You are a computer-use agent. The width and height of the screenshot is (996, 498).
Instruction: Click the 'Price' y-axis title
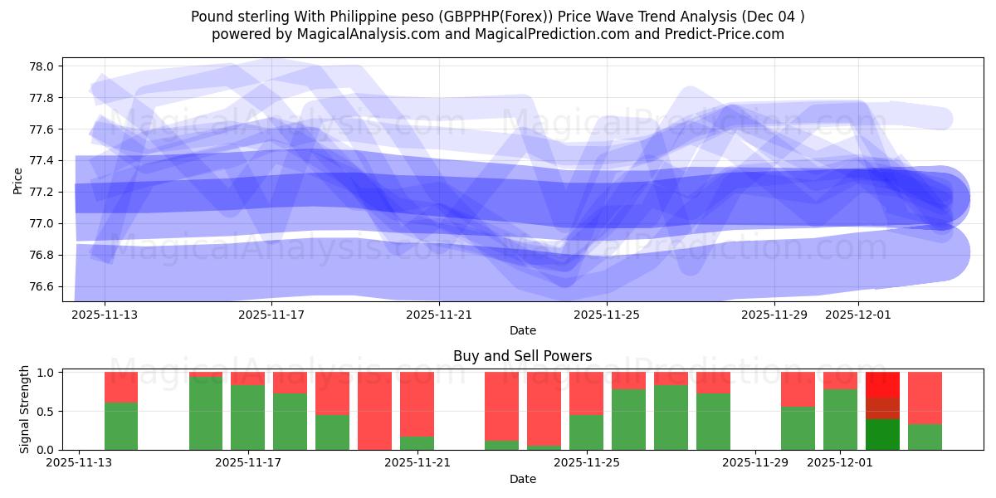tap(17, 179)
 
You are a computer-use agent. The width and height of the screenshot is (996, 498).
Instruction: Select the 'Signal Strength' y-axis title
tap(25, 409)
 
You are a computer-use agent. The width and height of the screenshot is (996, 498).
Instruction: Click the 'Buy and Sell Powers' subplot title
tap(522, 356)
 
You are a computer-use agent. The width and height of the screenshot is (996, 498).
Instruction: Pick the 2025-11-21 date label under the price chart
tap(440, 315)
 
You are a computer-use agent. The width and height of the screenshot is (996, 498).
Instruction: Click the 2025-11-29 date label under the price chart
tap(774, 315)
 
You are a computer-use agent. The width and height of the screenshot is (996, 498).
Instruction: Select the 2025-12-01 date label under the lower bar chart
tap(841, 463)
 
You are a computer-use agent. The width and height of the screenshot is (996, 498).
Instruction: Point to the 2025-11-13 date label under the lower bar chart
tap(79, 463)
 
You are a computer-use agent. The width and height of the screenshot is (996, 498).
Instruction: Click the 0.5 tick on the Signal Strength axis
tap(46, 411)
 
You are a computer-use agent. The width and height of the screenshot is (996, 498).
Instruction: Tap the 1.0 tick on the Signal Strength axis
tap(46, 373)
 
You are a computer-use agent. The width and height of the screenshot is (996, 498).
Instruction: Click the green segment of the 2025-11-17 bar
tap(248, 417)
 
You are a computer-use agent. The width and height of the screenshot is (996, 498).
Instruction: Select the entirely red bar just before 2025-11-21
tap(374, 411)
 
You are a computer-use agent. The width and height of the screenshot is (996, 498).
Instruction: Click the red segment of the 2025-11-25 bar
tap(586, 393)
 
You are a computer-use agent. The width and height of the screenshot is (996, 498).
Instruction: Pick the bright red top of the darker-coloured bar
tap(882, 384)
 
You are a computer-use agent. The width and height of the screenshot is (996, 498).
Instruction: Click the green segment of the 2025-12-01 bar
tap(840, 420)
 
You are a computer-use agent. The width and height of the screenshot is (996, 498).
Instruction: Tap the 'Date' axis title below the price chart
tap(522, 330)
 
